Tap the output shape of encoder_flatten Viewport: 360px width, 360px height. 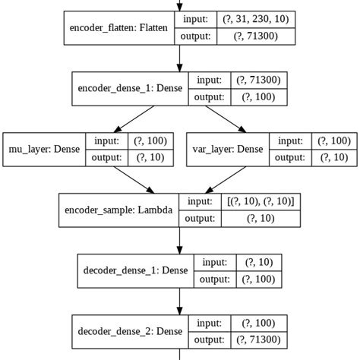[254, 37]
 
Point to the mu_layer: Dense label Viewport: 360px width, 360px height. [43, 149]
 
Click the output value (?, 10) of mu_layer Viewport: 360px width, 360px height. [153, 158]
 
